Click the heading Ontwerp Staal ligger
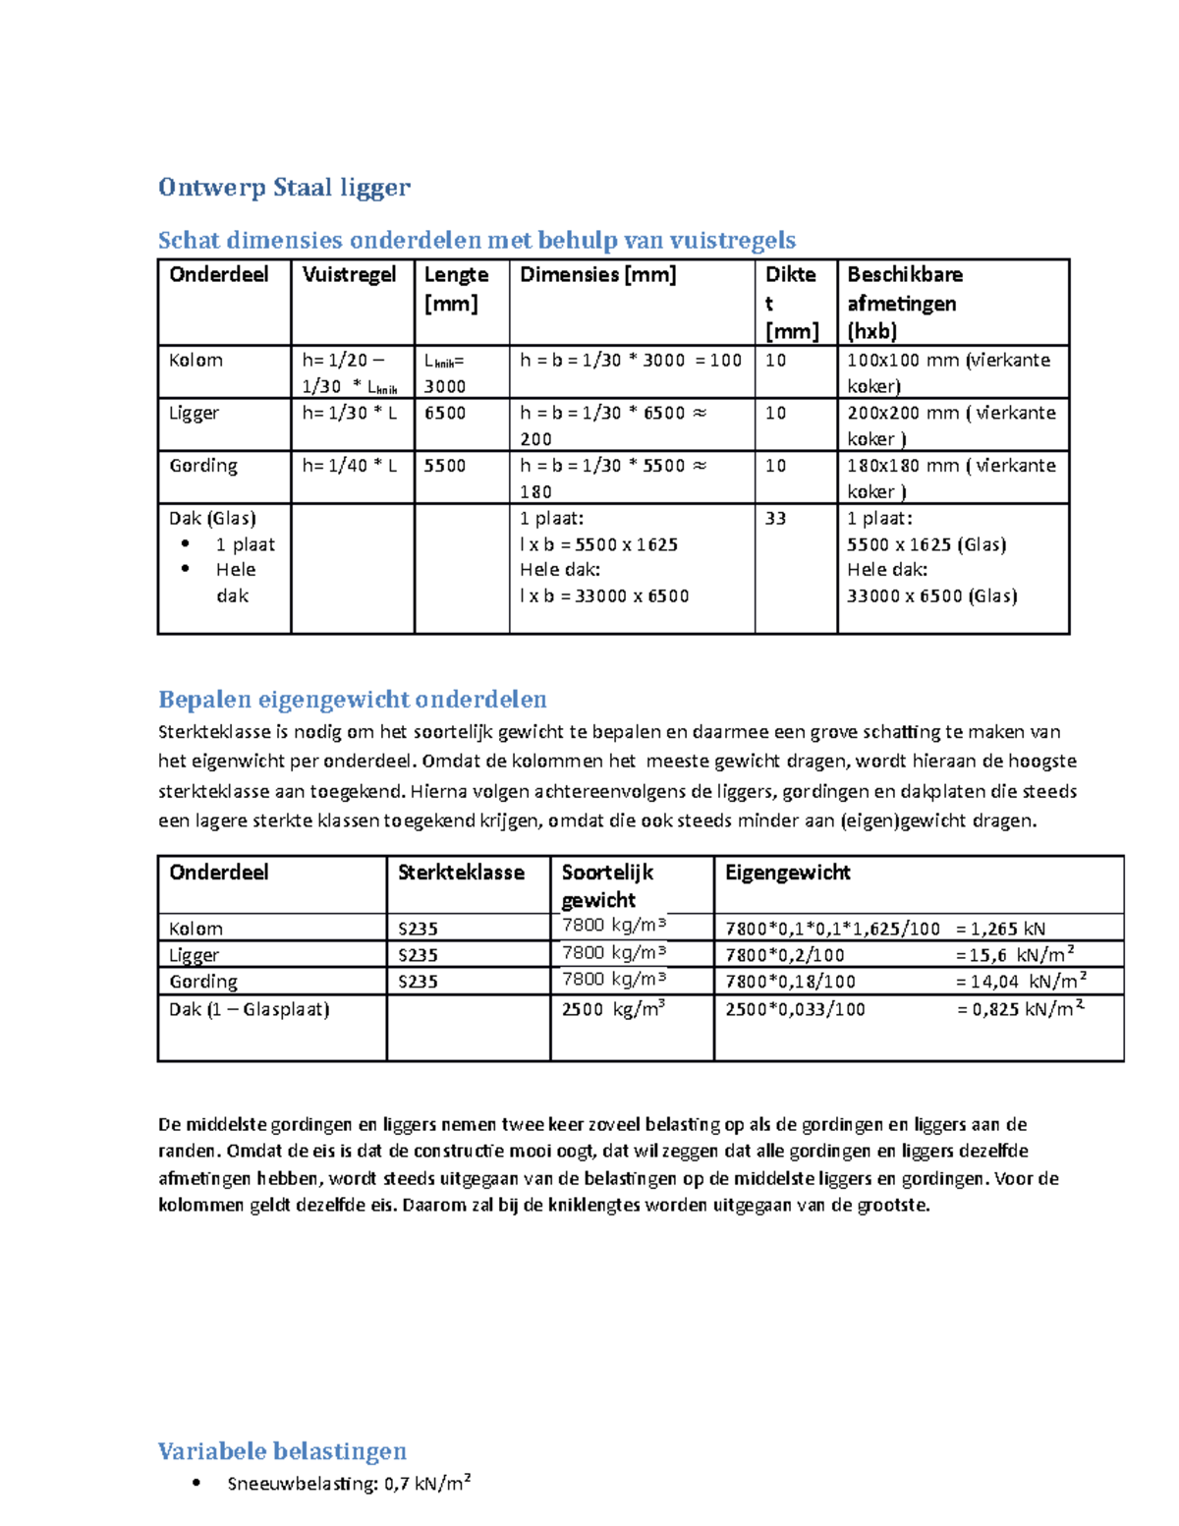[284, 187]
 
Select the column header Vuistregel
[349, 274]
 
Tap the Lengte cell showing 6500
[445, 413]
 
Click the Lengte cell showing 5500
[445, 466]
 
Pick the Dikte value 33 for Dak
[775, 518]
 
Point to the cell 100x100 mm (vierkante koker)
[948, 372]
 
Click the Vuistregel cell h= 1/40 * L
[349, 466]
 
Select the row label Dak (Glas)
[212, 518]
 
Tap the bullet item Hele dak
[235, 582]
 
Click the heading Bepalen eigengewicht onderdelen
[352, 699]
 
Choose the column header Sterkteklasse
[460, 872]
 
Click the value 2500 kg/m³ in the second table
[613, 1008]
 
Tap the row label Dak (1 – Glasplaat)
[249, 1008]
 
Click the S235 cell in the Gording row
[418, 981]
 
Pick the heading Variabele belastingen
[282, 1450]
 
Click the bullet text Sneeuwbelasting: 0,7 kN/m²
[349, 1483]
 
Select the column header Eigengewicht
[787, 872]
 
